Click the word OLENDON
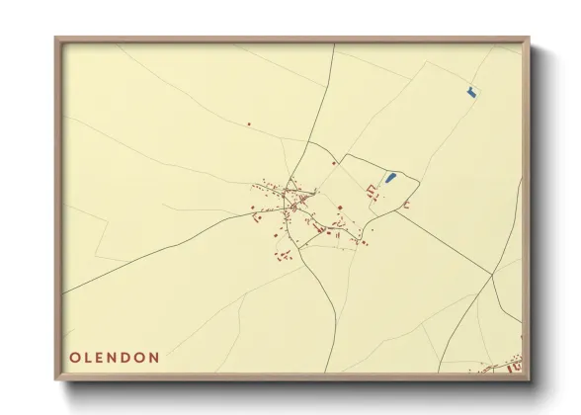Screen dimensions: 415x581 [x=115, y=357]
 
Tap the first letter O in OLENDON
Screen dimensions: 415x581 [x=75, y=357]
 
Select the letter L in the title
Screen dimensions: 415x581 [x=89, y=357]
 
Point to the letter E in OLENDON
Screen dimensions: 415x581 [x=102, y=357]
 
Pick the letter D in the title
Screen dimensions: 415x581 [x=127, y=357]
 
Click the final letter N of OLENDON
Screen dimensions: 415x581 [x=154, y=357]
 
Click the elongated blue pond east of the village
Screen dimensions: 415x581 [x=389, y=178]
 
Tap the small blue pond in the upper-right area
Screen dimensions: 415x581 [x=471, y=92]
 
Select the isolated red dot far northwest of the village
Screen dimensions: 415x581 [x=249, y=124]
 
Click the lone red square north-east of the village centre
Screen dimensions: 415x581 [x=334, y=164]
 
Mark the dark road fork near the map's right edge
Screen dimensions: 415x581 [x=492, y=279]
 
